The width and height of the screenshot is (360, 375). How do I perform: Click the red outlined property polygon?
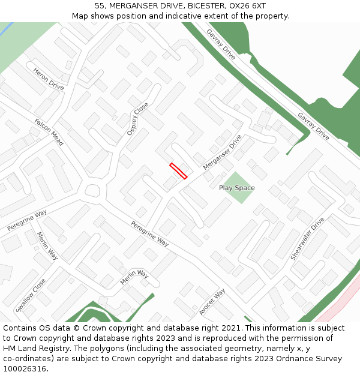click(178, 171)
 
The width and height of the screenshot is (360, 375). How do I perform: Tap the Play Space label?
click(236, 188)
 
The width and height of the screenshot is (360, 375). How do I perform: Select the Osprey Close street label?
click(137, 119)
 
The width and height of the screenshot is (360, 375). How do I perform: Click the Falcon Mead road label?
click(49, 128)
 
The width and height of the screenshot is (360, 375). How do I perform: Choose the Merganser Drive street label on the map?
click(222, 152)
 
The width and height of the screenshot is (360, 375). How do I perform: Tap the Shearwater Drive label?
click(307, 238)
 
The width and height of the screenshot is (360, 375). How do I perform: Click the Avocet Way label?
click(212, 302)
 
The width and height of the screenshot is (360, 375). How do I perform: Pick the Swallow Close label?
click(31, 295)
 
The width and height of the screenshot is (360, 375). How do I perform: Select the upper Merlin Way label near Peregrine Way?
click(47, 246)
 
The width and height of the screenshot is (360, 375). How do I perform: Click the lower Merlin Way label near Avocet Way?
click(134, 278)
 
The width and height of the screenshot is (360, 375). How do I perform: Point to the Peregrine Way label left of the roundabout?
click(27, 221)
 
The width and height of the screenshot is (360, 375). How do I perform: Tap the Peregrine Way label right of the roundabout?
click(149, 234)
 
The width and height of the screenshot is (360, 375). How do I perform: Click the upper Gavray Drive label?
click(221, 44)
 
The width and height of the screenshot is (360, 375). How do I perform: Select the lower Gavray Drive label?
click(313, 126)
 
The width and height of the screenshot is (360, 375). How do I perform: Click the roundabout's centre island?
click(92, 191)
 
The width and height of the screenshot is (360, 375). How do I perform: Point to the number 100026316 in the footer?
click(26, 368)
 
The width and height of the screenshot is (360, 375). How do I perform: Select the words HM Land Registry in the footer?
click(32, 348)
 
